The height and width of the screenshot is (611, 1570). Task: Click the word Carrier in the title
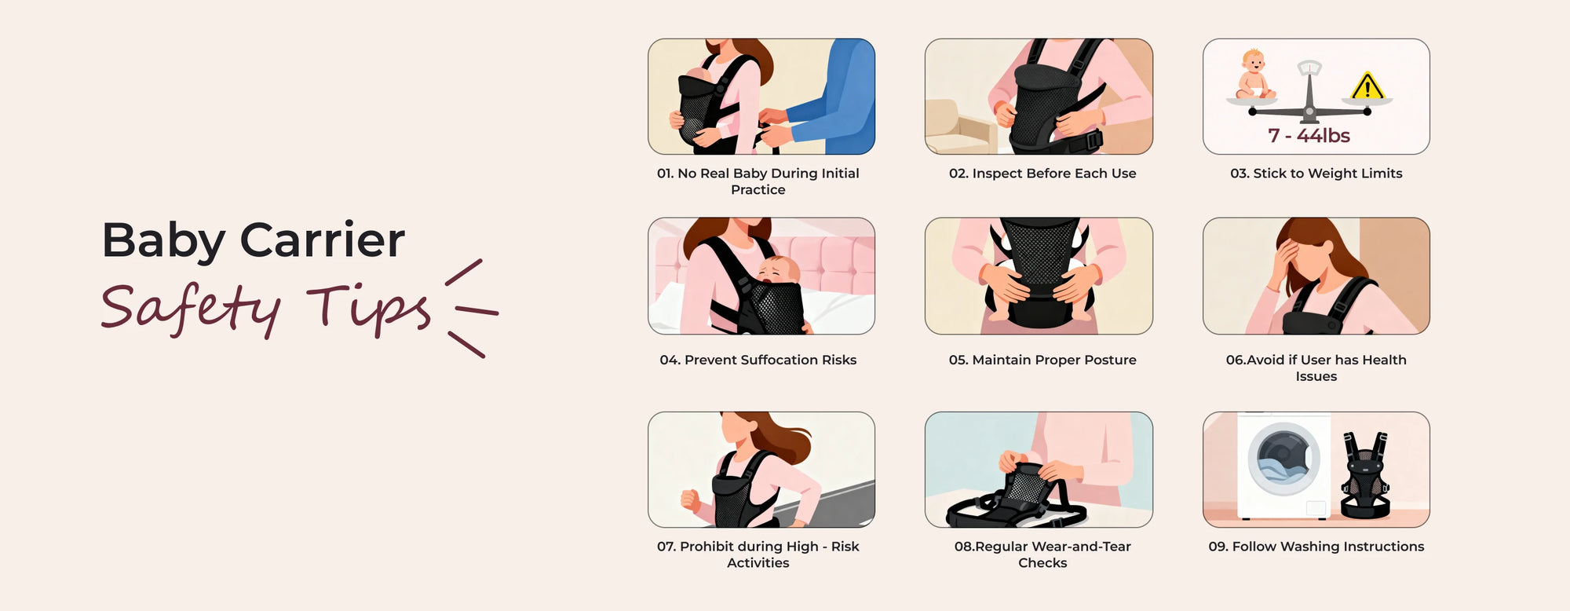[322, 240]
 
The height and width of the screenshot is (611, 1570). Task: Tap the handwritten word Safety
[191, 309]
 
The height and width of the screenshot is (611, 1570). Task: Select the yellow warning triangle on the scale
[1367, 86]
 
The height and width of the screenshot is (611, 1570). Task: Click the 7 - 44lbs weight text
[1309, 136]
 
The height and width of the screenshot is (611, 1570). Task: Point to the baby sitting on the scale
[1254, 74]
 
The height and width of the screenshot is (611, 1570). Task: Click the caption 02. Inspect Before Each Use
[1042, 174]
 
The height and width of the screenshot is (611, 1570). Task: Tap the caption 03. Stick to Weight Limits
[1316, 174]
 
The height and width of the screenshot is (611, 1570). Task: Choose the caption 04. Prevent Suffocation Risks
[758, 360]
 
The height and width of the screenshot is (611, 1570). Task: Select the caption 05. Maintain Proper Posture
[1042, 360]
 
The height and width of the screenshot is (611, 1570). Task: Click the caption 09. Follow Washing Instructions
[1316, 547]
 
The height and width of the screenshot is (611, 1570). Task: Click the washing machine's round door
[1283, 459]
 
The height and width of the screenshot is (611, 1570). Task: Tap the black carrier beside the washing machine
[1366, 475]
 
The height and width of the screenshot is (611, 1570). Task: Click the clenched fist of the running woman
[690, 499]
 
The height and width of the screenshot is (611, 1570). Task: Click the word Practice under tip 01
[758, 190]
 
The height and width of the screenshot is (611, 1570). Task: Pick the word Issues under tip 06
[1316, 377]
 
